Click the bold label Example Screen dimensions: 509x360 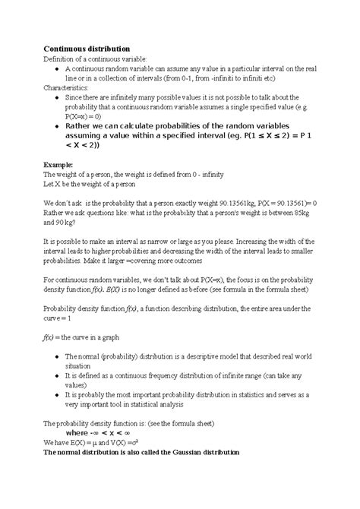pos(59,163)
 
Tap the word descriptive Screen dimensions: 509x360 pos(195,356)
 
